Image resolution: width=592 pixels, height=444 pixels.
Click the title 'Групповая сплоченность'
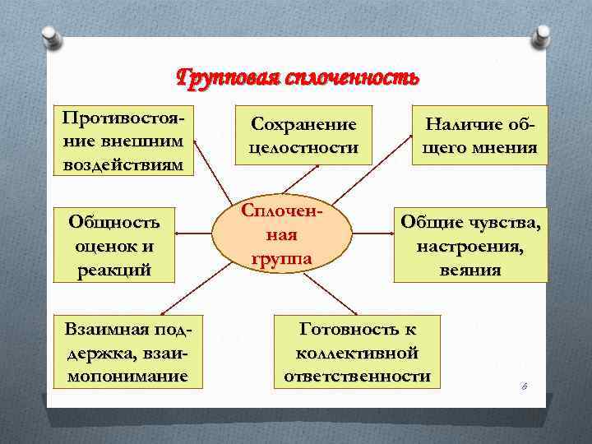(298, 78)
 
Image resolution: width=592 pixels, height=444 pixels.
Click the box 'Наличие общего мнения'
(480, 136)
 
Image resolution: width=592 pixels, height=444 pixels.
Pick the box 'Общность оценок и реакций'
(114, 245)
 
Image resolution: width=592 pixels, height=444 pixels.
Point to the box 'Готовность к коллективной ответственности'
(358, 353)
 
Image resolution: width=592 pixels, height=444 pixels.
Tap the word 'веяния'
(470, 270)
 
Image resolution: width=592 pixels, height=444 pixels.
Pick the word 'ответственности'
(358, 376)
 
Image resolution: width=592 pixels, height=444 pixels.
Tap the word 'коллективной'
(358, 353)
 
